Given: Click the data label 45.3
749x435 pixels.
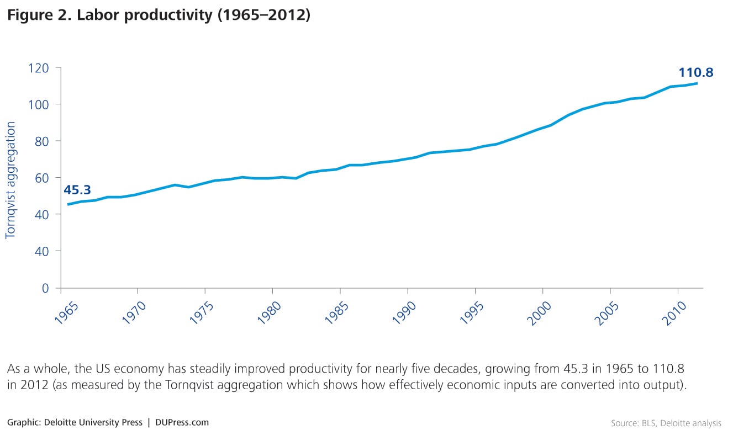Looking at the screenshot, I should click(77, 190).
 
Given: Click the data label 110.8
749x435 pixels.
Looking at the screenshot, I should click(696, 72).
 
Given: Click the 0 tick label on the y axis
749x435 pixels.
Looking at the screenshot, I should click(45, 288).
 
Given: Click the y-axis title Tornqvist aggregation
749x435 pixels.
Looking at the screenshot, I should click(10, 181).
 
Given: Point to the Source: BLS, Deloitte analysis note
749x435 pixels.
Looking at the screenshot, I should click(666, 423).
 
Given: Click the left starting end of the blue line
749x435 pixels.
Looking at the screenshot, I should click(68, 204).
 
